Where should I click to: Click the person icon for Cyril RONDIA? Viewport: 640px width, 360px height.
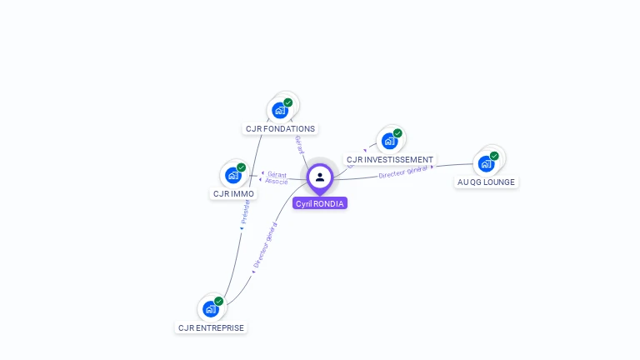coord(320,177)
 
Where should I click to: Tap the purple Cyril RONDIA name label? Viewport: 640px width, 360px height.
coord(320,203)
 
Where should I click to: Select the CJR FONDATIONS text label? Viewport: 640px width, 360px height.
coord(280,128)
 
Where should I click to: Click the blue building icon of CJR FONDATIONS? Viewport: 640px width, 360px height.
coord(280,110)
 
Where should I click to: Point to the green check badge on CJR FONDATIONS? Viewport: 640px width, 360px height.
coord(288,102)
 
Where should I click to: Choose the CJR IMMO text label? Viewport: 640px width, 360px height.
coord(233,193)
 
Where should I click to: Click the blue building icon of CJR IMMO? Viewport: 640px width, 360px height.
coord(233,175)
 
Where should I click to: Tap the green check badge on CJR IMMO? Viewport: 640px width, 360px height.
coord(242,167)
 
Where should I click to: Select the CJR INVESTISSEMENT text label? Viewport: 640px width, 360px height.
coord(390,159)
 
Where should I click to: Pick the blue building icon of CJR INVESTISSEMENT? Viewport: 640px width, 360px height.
coord(389,141)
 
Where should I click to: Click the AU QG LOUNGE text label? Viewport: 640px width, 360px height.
coord(487,182)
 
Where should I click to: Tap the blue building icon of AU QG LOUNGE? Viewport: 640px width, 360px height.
coord(486,163)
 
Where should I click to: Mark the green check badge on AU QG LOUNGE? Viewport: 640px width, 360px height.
coord(494,156)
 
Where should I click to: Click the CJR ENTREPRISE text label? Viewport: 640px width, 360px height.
coord(211,327)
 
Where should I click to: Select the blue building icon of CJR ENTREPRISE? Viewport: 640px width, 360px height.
coord(211,309)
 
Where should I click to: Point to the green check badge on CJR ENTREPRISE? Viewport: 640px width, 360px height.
coord(219,301)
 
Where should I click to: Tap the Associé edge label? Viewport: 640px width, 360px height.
coord(277,181)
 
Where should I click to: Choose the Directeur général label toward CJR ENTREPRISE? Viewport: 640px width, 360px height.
coord(264,245)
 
